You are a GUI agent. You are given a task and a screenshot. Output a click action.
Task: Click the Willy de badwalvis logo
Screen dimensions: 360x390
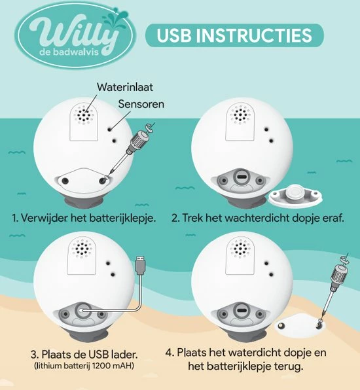(x=75, y=36)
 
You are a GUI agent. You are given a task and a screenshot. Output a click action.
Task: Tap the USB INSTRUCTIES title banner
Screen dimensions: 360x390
(x=234, y=35)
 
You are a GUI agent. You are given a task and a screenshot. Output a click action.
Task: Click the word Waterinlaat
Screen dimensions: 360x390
(x=125, y=87)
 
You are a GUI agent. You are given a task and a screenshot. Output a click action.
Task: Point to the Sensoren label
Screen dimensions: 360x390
(x=141, y=104)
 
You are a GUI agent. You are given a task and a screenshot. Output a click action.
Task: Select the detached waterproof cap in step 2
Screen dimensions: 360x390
(x=295, y=195)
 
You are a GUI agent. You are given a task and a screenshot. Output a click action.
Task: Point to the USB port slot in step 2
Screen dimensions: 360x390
(x=241, y=177)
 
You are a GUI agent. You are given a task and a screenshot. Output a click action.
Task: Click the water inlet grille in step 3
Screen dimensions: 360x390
(x=82, y=249)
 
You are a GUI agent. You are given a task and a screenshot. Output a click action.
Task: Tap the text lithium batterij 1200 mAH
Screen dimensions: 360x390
(x=84, y=366)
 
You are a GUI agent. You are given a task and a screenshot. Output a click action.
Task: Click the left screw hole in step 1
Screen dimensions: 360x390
(x=65, y=181)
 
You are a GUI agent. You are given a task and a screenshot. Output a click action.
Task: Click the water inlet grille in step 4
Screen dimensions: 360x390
(x=240, y=249)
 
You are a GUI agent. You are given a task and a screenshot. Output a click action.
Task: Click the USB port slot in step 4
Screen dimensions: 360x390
(x=241, y=311)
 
